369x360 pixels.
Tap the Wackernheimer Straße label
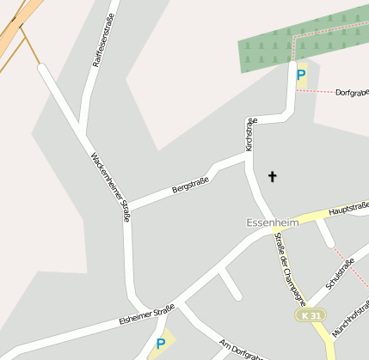(x=111, y=186)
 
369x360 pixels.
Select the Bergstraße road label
(x=190, y=183)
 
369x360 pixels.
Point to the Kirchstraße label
(x=250, y=135)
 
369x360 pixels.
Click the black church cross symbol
(x=273, y=177)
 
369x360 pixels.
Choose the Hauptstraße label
(x=348, y=207)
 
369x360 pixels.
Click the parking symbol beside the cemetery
(x=300, y=75)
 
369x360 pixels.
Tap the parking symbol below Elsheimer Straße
(x=160, y=345)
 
